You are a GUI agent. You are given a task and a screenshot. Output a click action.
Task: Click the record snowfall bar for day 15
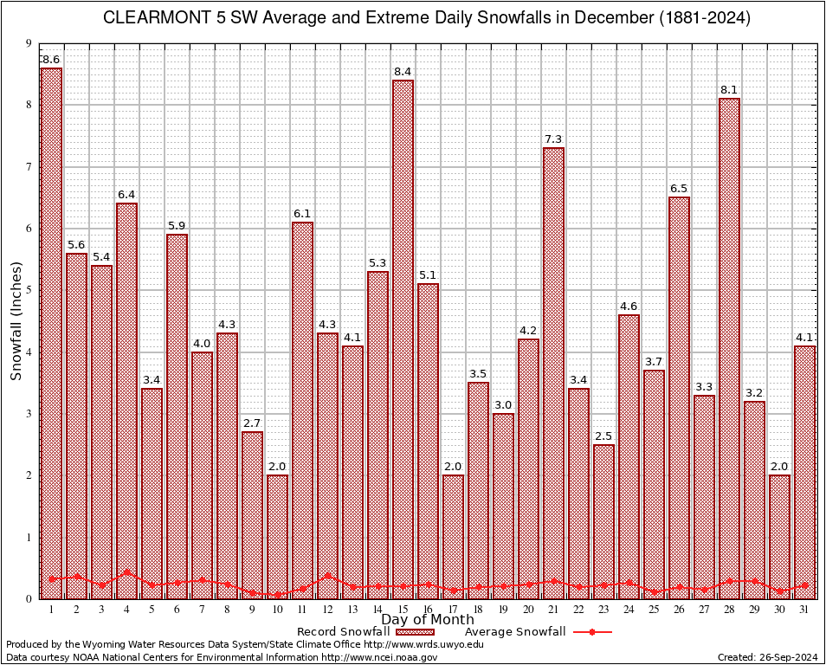(403, 338)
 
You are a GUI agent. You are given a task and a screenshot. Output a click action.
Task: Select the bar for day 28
(729, 346)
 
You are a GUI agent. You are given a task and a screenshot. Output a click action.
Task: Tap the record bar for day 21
(553, 372)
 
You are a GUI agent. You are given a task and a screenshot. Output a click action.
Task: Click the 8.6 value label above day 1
(51, 59)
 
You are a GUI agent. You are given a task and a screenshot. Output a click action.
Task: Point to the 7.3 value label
(553, 139)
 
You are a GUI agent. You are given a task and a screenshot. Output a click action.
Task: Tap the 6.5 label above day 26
(679, 188)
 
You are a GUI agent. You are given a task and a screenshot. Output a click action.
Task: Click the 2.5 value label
(603, 436)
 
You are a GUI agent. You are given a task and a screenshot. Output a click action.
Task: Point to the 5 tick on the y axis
(29, 290)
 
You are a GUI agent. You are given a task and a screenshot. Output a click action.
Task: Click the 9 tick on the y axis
(29, 43)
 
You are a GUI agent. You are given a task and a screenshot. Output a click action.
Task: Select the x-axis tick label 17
(453, 610)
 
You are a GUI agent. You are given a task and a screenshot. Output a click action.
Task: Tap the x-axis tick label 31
(804, 610)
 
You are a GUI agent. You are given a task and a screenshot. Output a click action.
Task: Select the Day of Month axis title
(427, 620)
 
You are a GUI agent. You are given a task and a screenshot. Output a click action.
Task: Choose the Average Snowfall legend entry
(515, 632)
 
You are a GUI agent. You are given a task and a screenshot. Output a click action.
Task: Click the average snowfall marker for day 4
(126, 572)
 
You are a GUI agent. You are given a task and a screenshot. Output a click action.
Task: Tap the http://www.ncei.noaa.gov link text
(379, 657)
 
